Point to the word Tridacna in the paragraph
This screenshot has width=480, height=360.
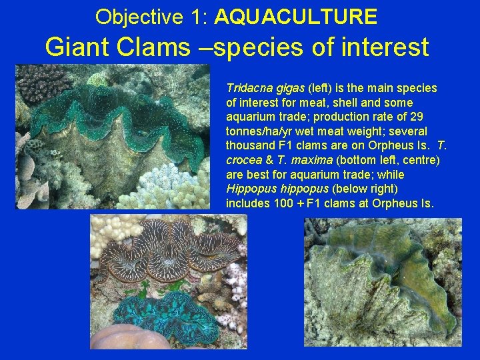[248, 88]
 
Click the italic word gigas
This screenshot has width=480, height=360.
[289, 88]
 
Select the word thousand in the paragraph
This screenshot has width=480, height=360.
[251, 146]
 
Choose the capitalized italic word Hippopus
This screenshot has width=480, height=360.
[248, 189]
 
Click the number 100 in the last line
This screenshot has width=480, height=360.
[285, 203]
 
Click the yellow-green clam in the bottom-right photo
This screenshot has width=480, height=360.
[387, 280]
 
